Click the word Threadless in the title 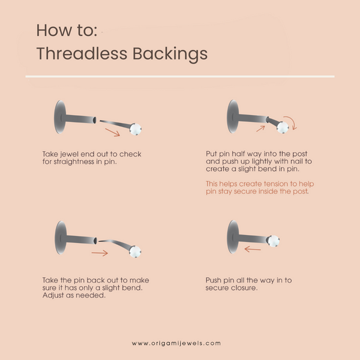[x=82, y=53]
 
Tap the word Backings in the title [x=170, y=55]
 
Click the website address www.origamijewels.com [x=176, y=343]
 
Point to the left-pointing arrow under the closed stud [x=253, y=249]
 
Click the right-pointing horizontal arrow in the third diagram [x=100, y=253]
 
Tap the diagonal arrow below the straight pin [x=113, y=133]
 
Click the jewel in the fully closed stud [x=273, y=241]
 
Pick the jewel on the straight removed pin [x=136, y=129]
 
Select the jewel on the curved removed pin [x=135, y=251]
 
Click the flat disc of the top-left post [x=60, y=117]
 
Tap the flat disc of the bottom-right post [x=233, y=237]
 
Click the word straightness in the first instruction [x=74, y=162]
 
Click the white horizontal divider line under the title [x=180, y=76]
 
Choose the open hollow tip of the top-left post [x=94, y=120]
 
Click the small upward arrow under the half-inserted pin [x=260, y=129]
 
